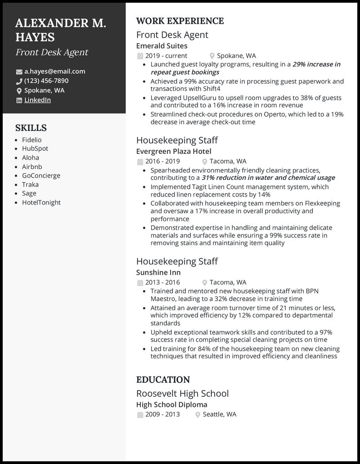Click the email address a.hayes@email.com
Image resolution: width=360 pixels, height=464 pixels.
(x=54, y=71)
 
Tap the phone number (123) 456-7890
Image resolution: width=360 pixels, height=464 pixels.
(x=46, y=81)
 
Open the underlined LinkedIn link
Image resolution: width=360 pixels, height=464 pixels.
(x=37, y=100)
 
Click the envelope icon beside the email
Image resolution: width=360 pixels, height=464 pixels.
(x=19, y=72)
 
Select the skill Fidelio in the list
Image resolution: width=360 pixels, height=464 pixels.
(x=31, y=140)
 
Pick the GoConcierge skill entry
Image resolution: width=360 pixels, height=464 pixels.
(x=41, y=175)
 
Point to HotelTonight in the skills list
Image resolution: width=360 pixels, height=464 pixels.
(x=41, y=202)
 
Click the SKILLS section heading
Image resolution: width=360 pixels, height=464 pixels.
(x=31, y=128)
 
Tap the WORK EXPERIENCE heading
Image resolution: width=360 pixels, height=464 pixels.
(x=180, y=21)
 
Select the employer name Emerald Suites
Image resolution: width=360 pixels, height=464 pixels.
(x=162, y=46)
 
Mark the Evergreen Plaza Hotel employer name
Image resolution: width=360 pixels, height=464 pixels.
(x=173, y=152)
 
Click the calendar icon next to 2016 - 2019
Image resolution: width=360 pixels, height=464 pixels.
(x=139, y=161)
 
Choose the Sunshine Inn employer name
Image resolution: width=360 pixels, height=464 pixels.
(x=158, y=272)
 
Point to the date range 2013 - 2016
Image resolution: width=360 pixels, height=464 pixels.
(x=162, y=282)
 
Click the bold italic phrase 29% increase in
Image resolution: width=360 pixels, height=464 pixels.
(x=316, y=64)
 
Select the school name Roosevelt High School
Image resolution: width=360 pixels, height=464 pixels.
(x=182, y=393)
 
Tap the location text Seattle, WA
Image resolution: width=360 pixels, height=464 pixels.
(x=219, y=414)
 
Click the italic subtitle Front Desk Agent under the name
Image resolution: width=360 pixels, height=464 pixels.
(x=52, y=52)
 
